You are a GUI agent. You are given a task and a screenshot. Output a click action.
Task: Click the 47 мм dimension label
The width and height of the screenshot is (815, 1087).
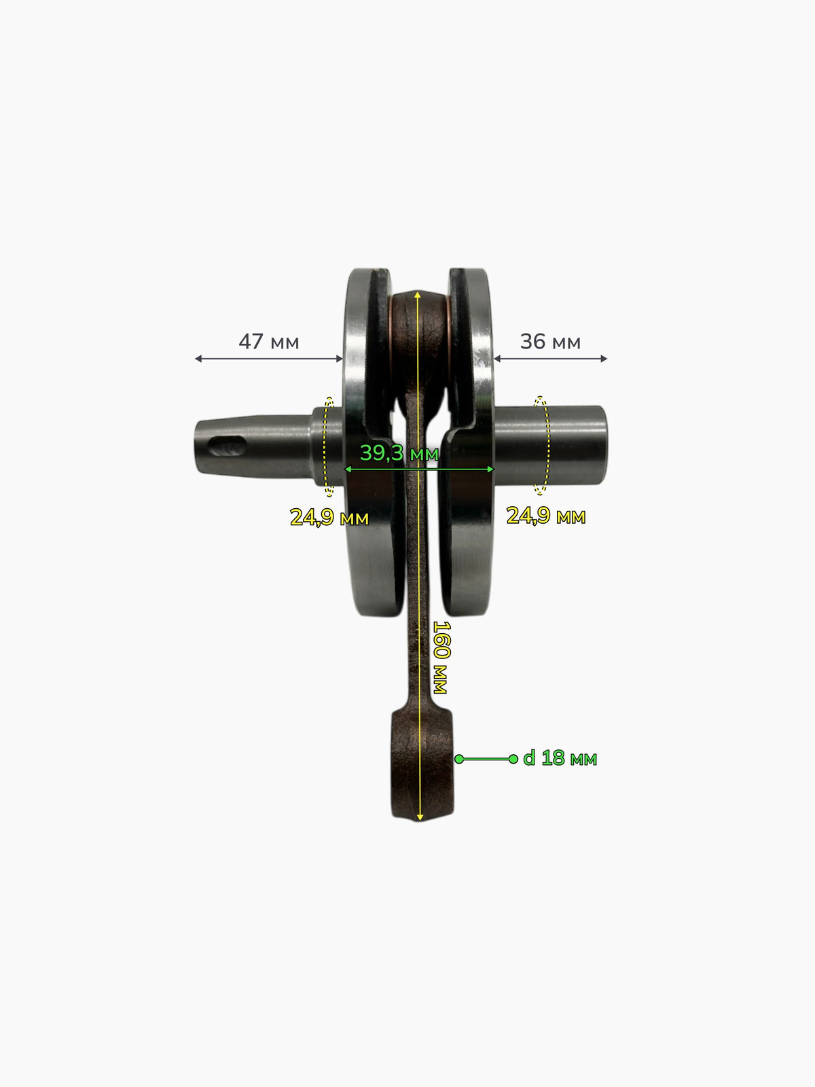click(x=269, y=342)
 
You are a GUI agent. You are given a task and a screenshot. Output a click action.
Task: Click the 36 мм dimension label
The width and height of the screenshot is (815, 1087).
click(x=550, y=342)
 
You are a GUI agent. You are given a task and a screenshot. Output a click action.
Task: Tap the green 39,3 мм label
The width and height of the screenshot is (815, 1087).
click(x=399, y=453)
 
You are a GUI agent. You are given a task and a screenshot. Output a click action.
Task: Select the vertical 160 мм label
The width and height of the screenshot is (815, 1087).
click(x=441, y=657)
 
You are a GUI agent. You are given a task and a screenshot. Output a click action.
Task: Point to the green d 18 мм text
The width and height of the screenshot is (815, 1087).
click(x=560, y=758)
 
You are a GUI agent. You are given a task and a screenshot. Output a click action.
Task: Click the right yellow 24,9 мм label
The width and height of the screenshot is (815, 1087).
click(x=546, y=516)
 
